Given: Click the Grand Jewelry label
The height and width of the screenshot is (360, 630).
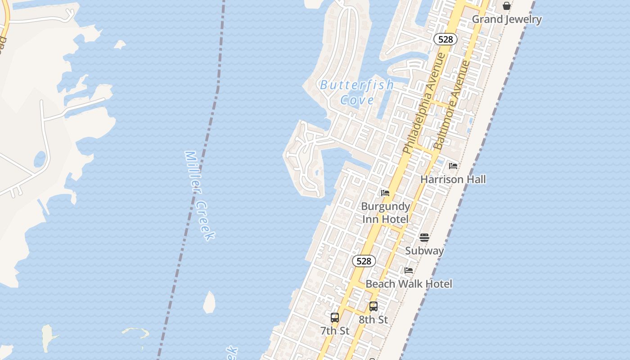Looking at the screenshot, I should (506, 19).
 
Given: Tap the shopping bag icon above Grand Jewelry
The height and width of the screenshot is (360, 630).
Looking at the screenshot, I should (506, 6).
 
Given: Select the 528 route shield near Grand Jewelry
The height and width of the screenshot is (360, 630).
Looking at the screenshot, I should (445, 39).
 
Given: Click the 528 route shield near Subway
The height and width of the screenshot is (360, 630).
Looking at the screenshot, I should (364, 261).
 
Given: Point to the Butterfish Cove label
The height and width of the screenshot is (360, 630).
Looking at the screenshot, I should (357, 92).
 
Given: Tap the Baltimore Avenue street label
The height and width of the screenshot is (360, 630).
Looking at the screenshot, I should (452, 105).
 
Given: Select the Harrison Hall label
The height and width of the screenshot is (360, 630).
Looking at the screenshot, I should (453, 179).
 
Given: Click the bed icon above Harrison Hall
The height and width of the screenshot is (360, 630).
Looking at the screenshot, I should (453, 166).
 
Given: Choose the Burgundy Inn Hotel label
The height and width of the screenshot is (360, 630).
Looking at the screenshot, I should (385, 212).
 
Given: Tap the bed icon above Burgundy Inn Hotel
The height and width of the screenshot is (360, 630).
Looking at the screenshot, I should (385, 193).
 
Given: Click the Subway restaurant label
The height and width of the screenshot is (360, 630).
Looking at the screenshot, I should (424, 251).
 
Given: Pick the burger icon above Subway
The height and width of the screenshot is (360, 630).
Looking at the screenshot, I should (424, 237).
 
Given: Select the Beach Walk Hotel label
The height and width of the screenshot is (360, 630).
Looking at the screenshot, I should (409, 283).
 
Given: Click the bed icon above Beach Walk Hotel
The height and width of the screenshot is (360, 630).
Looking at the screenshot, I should (409, 270).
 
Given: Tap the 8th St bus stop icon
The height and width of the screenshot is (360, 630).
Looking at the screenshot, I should (373, 306).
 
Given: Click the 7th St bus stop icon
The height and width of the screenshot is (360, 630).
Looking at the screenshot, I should (334, 317).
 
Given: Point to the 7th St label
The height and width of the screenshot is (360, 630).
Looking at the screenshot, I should (334, 331).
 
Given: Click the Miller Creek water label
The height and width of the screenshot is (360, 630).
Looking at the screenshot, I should (199, 195).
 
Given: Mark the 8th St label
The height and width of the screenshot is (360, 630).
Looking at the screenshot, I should (373, 319).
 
